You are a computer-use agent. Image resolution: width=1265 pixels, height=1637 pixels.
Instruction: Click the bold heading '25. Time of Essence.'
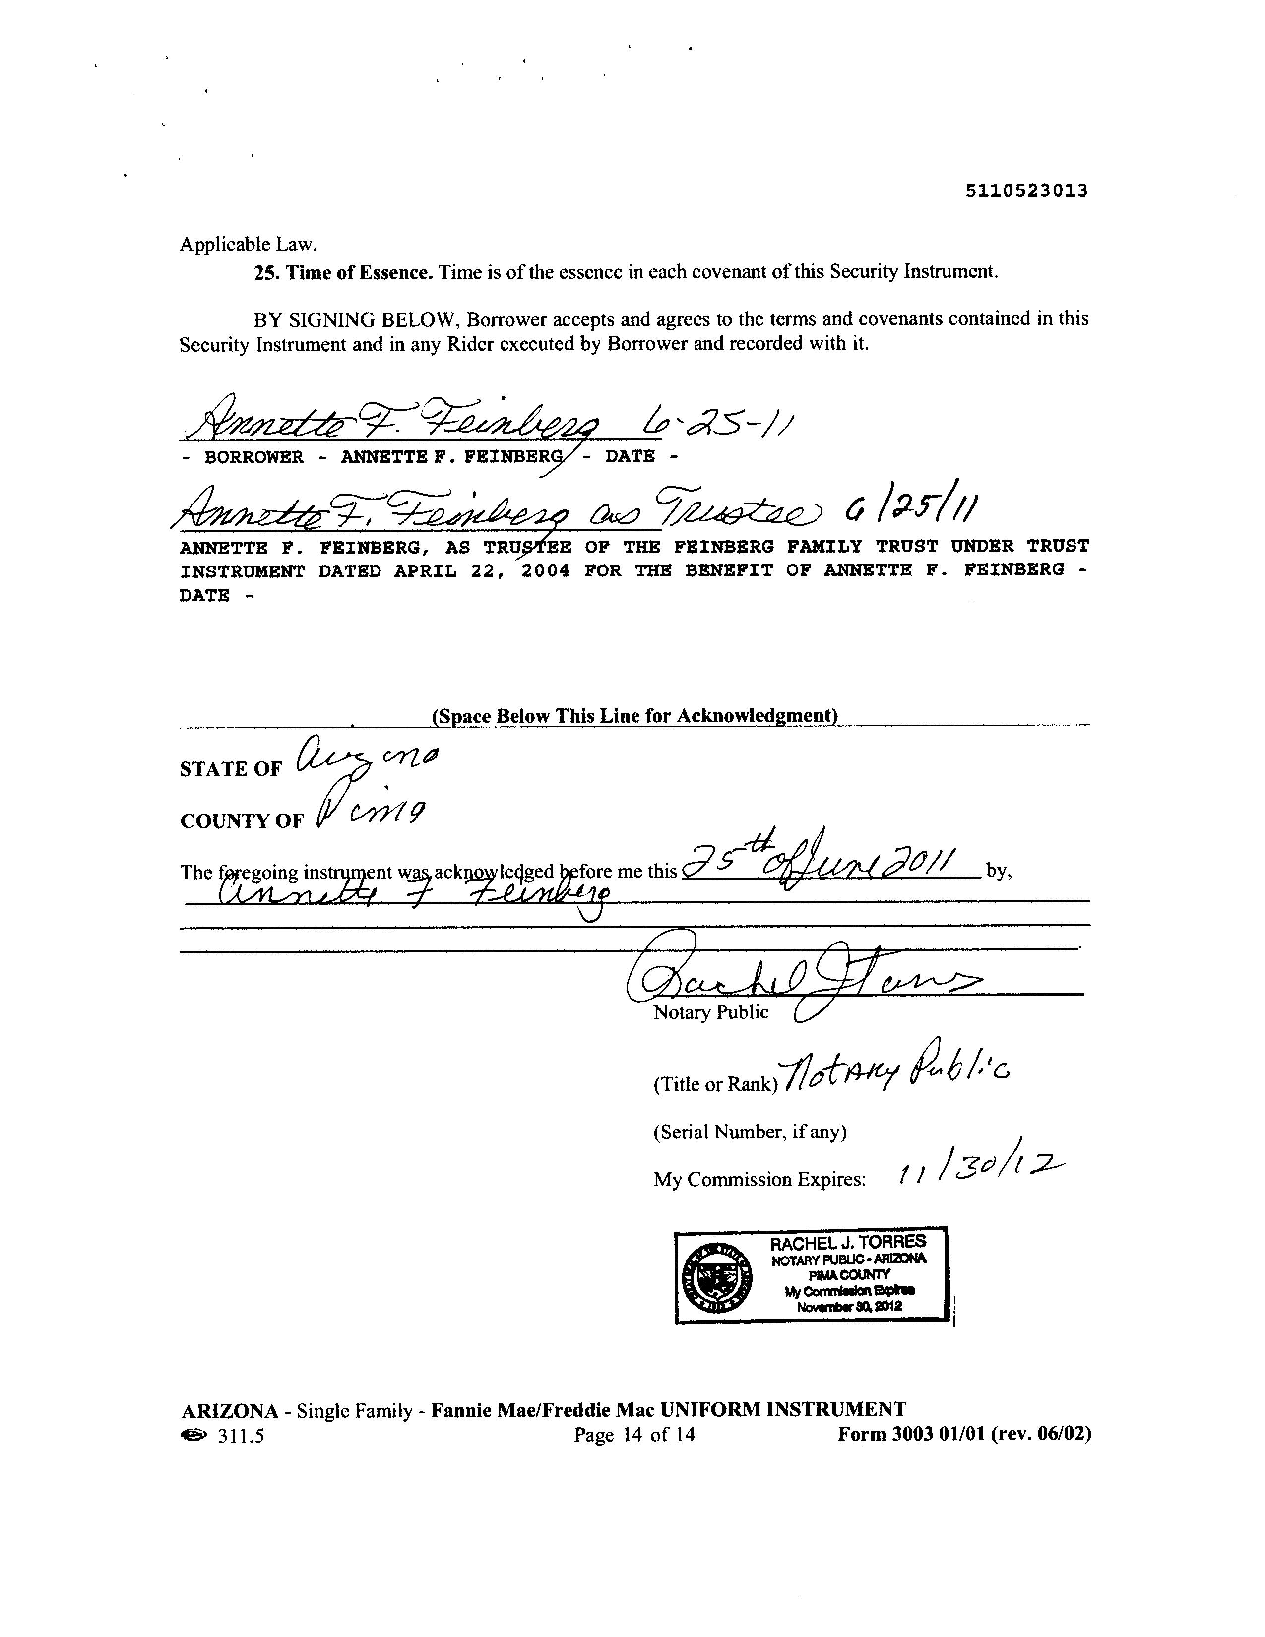[x=343, y=272]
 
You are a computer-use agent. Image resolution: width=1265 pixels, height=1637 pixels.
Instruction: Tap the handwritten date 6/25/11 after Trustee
[x=910, y=511]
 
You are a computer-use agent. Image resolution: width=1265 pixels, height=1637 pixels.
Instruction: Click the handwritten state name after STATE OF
[x=367, y=758]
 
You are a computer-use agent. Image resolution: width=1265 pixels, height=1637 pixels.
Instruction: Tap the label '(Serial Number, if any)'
[x=750, y=1132]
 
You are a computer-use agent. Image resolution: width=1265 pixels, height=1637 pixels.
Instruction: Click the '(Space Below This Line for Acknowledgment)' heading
[x=634, y=716]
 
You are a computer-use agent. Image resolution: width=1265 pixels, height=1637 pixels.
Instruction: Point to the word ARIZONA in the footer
[x=229, y=1411]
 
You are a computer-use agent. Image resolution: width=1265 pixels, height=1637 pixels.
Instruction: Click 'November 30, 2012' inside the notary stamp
[x=849, y=1307]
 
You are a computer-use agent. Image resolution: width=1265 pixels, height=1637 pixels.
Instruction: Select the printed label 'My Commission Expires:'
[x=759, y=1180]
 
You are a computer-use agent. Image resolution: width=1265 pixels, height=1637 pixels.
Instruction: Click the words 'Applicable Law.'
[x=248, y=245]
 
